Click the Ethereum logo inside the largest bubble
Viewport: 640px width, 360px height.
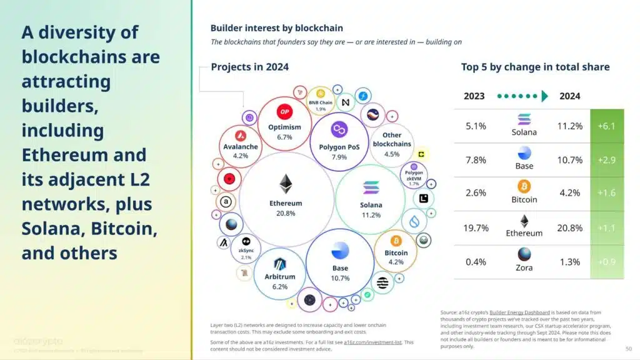[x=286, y=184]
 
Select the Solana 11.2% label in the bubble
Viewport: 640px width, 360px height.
[x=371, y=209]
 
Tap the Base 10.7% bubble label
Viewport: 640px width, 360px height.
[x=341, y=273]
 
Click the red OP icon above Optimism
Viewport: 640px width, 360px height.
[x=285, y=112]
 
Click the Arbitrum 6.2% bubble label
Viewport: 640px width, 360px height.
[x=279, y=281]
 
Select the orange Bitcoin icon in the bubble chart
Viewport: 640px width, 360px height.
[x=396, y=241]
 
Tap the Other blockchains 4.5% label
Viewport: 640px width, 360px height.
[x=392, y=144]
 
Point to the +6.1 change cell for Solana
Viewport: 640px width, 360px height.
[x=606, y=126]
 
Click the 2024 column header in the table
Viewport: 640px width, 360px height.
[x=569, y=96]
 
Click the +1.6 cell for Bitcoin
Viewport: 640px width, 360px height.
[x=606, y=193]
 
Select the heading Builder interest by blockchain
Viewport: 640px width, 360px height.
[x=276, y=28]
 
